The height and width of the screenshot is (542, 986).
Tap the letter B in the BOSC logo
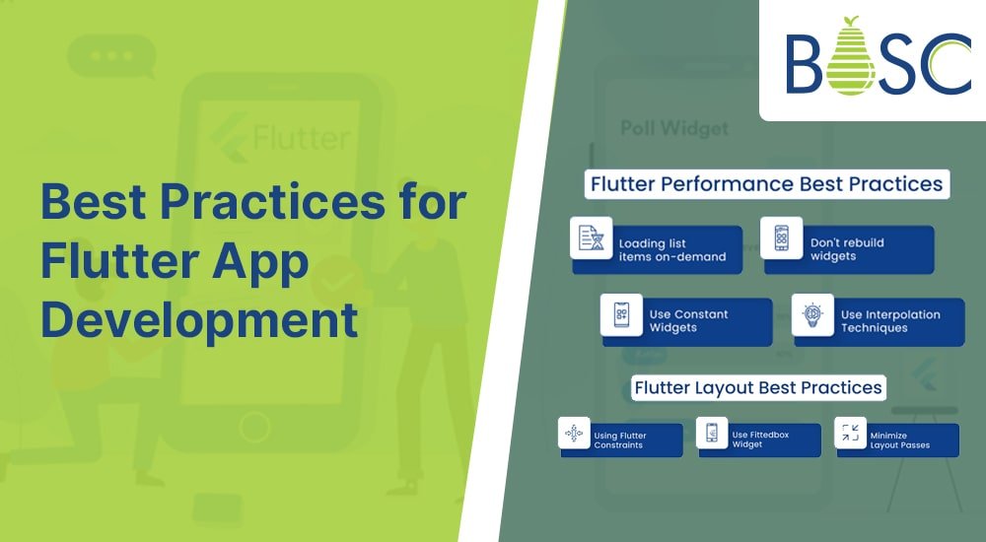click(x=804, y=63)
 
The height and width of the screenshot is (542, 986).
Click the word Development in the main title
click(x=199, y=320)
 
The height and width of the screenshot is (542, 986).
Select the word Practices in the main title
click(x=272, y=202)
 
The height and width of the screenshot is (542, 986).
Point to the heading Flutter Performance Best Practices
click(x=766, y=184)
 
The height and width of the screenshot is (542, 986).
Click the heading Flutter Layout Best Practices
click(x=757, y=387)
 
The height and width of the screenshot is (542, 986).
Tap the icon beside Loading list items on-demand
click(x=591, y=237)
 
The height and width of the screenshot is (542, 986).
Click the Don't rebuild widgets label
click(x=846, y=249)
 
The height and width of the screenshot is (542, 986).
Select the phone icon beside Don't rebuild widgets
click(x=781, y=237)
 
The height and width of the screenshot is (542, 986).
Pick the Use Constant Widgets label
click(x=688, y=320)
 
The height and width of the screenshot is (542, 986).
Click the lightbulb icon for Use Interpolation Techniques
click(x=812, y=314)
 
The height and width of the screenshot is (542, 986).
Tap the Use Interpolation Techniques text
click(x=890, y=320)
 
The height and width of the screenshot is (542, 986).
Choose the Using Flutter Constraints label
click(x=619, y=440)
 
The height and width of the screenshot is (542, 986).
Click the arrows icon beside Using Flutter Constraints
click(x=574, y=433)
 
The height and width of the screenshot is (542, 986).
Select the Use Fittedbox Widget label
click(x=759, y=440)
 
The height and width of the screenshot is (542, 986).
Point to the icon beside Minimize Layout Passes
click(x=850, y=433)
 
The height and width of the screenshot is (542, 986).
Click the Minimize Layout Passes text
click(x=899, y=440)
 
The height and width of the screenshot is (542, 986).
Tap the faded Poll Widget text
click(x=674, y=128)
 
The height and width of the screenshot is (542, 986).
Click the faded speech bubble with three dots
click(x=111, y=56)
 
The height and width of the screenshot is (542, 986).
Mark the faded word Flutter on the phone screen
click(x=301, y=137)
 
